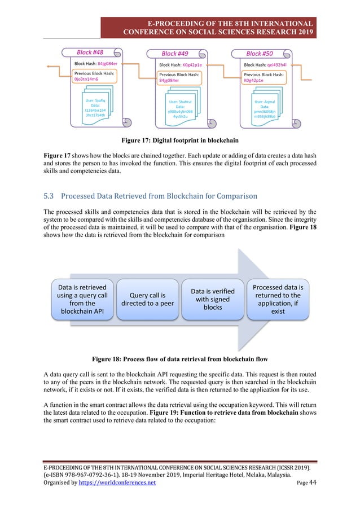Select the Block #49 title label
tap(175, 54)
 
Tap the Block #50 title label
tap(260, 54)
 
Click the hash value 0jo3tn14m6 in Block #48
tap(86, 80)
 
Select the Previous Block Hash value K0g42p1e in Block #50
tap(255, 81)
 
